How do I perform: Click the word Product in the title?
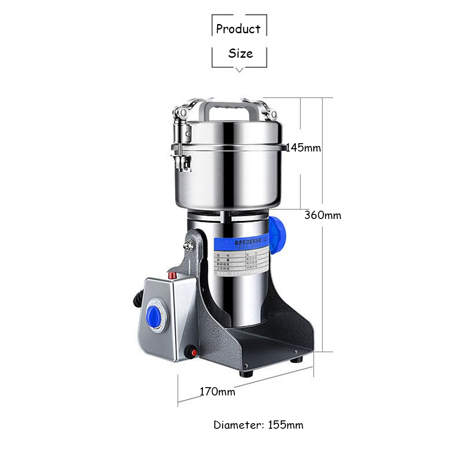[238, 29]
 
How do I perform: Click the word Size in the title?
[240, 54]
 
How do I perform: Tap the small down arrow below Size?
[239, 70]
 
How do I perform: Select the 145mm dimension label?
[303, 148]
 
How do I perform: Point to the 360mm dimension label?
[322, 215]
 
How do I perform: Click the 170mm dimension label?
[217, 392]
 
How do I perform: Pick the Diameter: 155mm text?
[258, 425]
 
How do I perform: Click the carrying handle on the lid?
[227, 109]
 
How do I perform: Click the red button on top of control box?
[173, 276]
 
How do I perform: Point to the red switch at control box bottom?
[189, 353]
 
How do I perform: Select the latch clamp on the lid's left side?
[180, 148]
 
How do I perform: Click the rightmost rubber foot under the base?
[297, 359]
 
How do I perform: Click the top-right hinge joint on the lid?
[270, 112]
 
